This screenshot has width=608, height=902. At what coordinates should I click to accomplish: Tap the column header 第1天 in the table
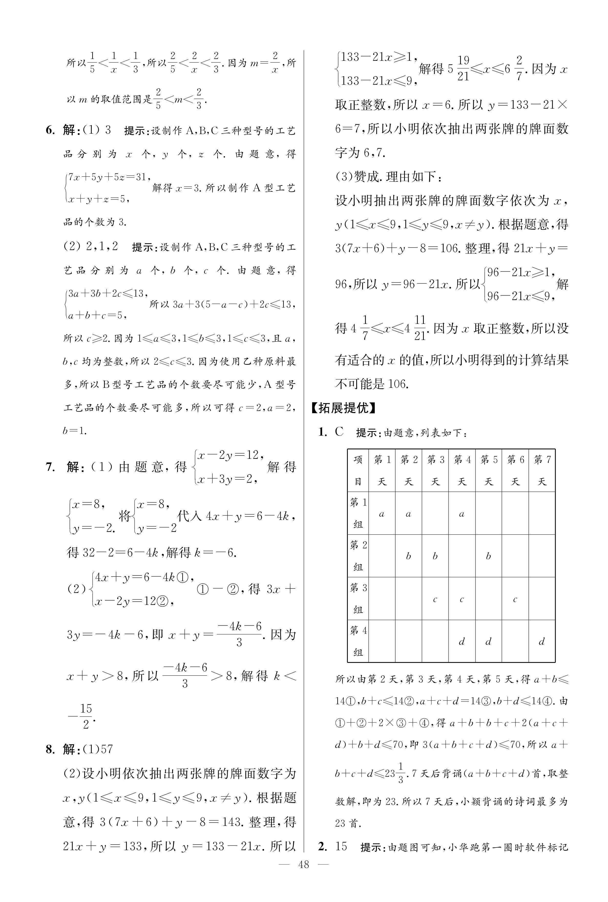382,470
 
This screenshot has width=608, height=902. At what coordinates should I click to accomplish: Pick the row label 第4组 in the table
358,641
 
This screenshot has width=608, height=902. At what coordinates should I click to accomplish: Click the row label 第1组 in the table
358,513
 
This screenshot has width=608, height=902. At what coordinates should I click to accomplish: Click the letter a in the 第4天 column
462,514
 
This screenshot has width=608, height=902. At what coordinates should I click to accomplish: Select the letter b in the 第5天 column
488,556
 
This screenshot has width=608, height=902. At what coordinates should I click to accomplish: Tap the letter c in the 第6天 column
515,599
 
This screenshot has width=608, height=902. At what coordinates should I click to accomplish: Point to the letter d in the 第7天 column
542,642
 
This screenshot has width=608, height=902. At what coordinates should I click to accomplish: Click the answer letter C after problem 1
339,432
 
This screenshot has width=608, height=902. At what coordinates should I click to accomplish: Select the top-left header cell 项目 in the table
358,470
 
